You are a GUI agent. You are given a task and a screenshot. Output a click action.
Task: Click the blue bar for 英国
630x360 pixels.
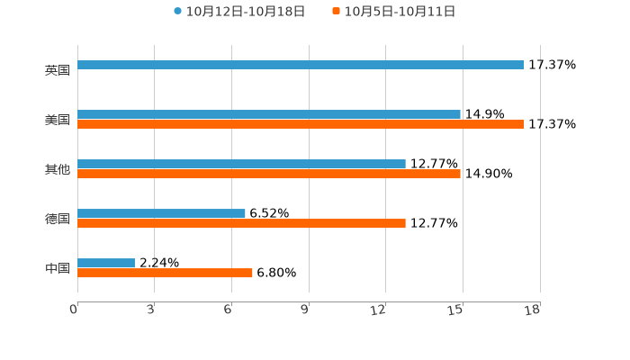point(301,65)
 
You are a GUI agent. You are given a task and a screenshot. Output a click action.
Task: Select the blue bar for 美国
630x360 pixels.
point(269,114)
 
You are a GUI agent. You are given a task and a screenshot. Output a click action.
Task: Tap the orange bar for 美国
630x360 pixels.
point(301,125)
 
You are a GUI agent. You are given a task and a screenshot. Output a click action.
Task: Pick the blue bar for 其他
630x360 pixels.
point(241,164)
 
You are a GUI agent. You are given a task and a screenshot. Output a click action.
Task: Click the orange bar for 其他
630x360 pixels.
point(269,175)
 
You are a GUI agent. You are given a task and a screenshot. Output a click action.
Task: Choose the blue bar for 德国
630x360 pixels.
point(161,213)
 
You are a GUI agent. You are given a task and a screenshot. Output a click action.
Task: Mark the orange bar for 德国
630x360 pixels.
point(241,224)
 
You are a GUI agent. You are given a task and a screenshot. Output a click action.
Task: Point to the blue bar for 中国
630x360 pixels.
point(106,263)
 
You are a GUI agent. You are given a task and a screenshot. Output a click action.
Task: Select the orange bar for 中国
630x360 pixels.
point(165,274)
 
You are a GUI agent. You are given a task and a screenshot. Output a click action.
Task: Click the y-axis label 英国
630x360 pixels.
point(58,70)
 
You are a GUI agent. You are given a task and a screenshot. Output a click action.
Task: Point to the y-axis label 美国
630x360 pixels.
point(58,120)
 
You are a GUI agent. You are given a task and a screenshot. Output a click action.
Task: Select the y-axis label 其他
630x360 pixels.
point(58,169)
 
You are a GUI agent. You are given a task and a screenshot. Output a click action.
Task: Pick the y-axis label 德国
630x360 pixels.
point(58,219)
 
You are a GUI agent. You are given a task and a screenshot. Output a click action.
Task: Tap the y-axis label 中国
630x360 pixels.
point(58,268)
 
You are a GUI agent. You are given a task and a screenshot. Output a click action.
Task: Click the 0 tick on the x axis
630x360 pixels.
point(75,310)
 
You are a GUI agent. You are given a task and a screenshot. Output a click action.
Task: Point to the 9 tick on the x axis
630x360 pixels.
point(306,310)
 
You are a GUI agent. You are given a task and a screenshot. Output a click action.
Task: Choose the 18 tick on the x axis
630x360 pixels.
point(534,310)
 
